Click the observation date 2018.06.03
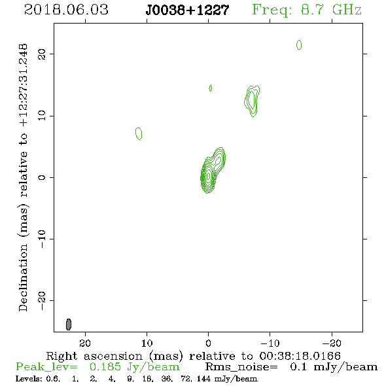(x=66, y=10)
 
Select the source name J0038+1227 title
(x=187, y=10)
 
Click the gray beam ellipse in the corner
(x=69, y=325)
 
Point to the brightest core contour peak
(x=209, y=176)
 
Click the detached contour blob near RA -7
(x=252, y=101)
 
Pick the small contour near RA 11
(x=139, y=133)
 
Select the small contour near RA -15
(x=299, y=44)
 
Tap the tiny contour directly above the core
(x=210, y=88)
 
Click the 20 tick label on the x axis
(x=85, y=343)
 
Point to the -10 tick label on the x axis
(x=270, y=343)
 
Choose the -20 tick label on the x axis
(x=332, y=343)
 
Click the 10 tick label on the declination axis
(x=42, y=116)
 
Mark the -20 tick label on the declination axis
(x=42, y=301)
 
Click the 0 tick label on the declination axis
(x=42, y=177)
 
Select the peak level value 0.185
(x=105, y=367)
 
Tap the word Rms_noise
(x=241, y=367)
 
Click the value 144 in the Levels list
(x=203, y=379)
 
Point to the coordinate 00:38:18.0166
(x=300, y=356)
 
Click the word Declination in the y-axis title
(x=23, y=277)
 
